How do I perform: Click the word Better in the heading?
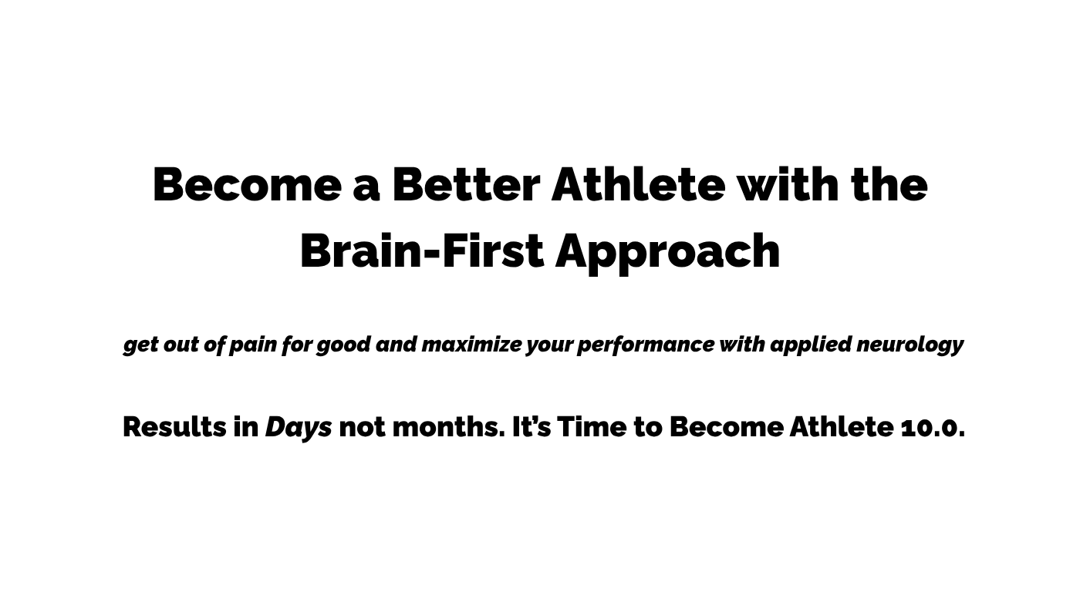(x=466, y=184)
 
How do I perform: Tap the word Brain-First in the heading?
(x=423, y=251)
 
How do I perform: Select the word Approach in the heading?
(x=668, y=254)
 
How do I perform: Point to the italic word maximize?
(x=471, y=345)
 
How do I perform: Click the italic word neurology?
(x=910, y=345)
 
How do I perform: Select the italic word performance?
(x=646, y=345)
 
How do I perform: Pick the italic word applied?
(x=811, y=345)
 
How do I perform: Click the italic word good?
(x=344, y=345)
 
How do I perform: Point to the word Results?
(x=174, y=427)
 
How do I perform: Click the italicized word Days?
(x=299, y=429)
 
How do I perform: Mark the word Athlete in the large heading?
(x=638, y=184)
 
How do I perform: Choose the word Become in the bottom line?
(x=727, y=427)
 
